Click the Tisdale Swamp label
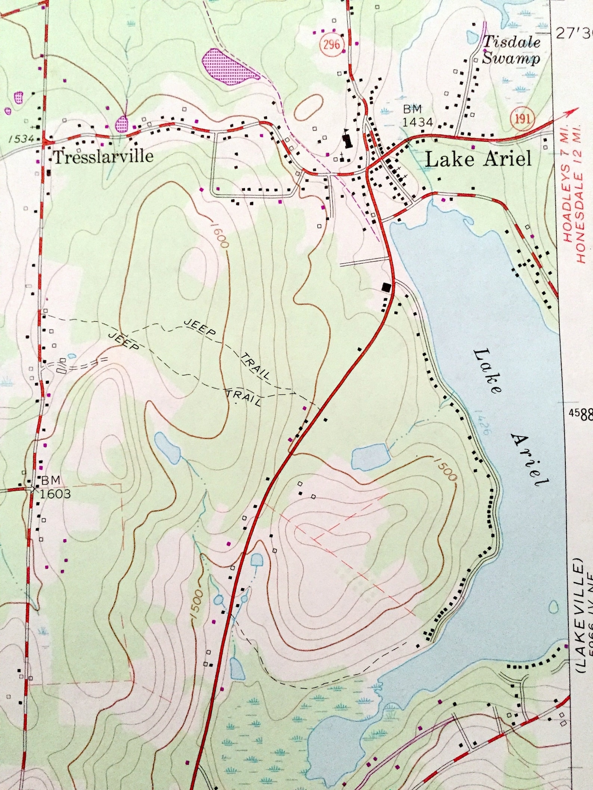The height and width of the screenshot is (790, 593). click(511, 50)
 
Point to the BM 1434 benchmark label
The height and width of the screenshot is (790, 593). click(417, 116)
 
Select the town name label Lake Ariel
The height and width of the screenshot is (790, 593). click(478, 160)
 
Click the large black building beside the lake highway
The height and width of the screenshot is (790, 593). click(386, 287)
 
